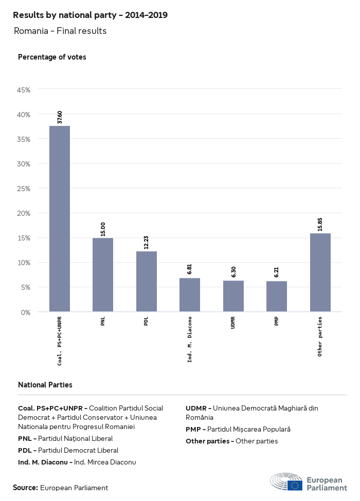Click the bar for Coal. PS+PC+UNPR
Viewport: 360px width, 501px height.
[x=60, y=218]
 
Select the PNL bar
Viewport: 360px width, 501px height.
[x=103, y=274]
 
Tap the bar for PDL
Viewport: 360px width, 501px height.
[x=147, y=282]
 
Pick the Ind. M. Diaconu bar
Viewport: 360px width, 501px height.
[x=190, y=295]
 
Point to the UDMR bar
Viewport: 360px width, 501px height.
[x=233, y=296]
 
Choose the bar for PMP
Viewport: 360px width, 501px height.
[x=277, y=296]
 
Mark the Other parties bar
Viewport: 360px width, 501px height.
[x=320, y=272]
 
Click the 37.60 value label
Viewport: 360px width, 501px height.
[x=60, y=117]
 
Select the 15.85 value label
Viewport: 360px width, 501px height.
[x=320, y=225]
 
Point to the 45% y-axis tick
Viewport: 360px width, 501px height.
[x=24, y=90]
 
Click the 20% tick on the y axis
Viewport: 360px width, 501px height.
[x=24, y=213]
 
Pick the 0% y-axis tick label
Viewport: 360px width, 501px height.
[x=26, y=312]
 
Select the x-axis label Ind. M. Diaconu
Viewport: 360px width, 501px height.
[x=190, y=340]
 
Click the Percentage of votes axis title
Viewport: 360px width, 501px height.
[x=52, y=57]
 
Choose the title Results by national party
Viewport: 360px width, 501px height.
[x=90, y=15]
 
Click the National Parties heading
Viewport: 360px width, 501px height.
[x=45, y=384]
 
